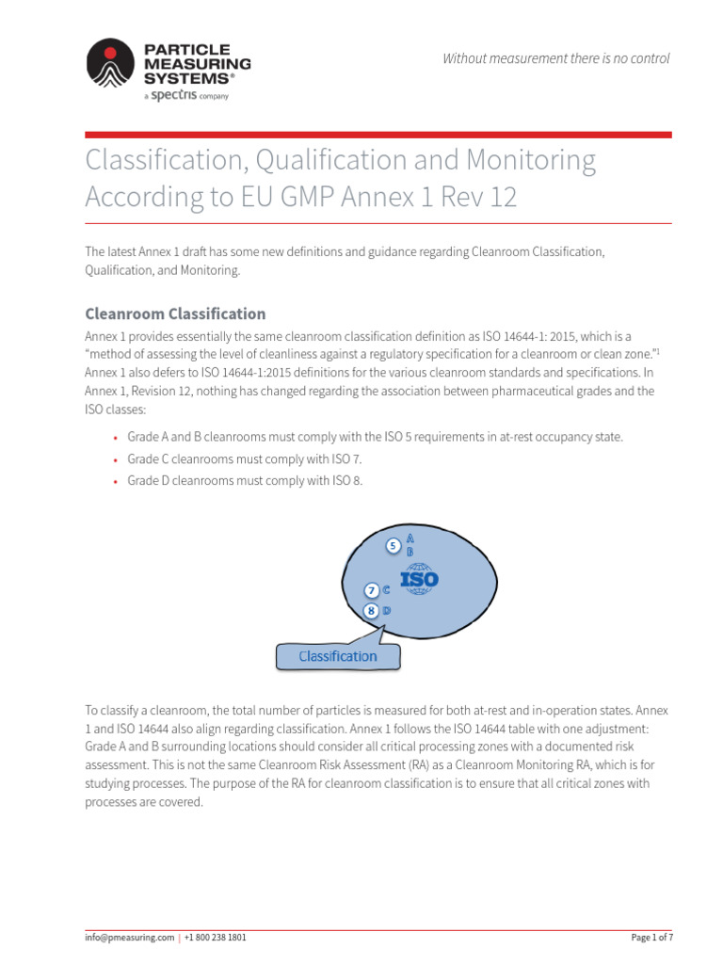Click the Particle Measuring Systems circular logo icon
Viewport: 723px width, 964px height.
pyautogui.click(x=111, y=63)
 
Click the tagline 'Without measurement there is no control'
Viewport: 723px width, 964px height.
pyautogui.click(x=556, y=58)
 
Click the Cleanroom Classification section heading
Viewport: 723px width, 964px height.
pyautogui.click(x=175, y=313)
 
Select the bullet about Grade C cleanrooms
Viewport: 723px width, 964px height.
pyautogui.click(x=244, y=458)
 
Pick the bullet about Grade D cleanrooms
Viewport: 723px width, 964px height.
pyautogui.click(x=244, y=480)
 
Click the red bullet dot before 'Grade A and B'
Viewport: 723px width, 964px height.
pyautogui.click(x=115, y=438)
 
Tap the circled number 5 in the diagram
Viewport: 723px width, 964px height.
pyautogui.click(x=394, y=545)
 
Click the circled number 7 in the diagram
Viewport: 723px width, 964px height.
pyautogui.click(x=373, y=590)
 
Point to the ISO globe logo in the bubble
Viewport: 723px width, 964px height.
pyautogui.click(x=419, y=579)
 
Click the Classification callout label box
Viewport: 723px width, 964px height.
pyautogui.click(x=337, y=656)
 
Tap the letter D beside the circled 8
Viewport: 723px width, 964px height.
pyautogui.click(x=387, y=610)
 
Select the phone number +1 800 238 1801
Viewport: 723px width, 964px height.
pyautogui.click(x=216, y=938)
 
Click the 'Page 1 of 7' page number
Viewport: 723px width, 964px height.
pyautogui.click(x=651, y=938)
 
